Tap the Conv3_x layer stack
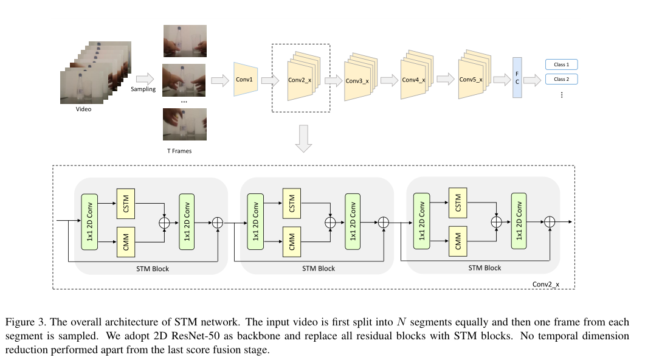point(358,80)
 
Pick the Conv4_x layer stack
point(415,79)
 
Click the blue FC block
point(517,78)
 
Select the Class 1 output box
point(560,64)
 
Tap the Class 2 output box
point(560,79)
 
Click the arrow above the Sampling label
point(144,78)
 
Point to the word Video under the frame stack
point(83,109)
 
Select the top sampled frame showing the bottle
point(184,41)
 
